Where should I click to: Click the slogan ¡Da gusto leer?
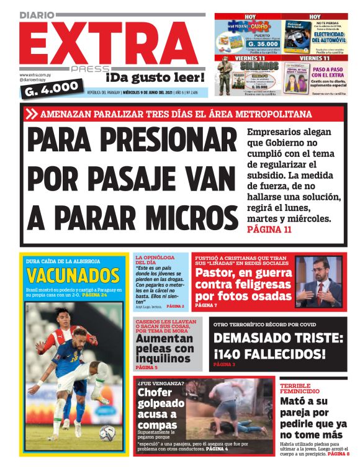click(x=155, y=77)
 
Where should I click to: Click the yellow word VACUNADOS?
click(x=73, y=275)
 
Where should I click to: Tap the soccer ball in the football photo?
click(x=107, y=431)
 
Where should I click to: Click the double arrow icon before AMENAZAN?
click(x=33, y=114)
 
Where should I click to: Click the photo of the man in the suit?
click(x=318, y=282)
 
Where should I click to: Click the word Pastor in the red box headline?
click(x=214, y=273)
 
